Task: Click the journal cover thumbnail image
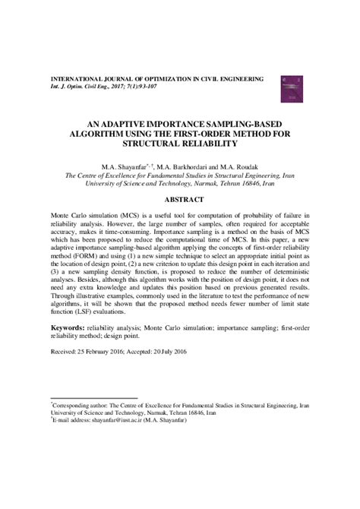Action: click(x=289, y=87)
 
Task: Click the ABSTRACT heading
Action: click(x=180, y=200)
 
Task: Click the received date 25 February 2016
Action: click(x=101, y=374)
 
